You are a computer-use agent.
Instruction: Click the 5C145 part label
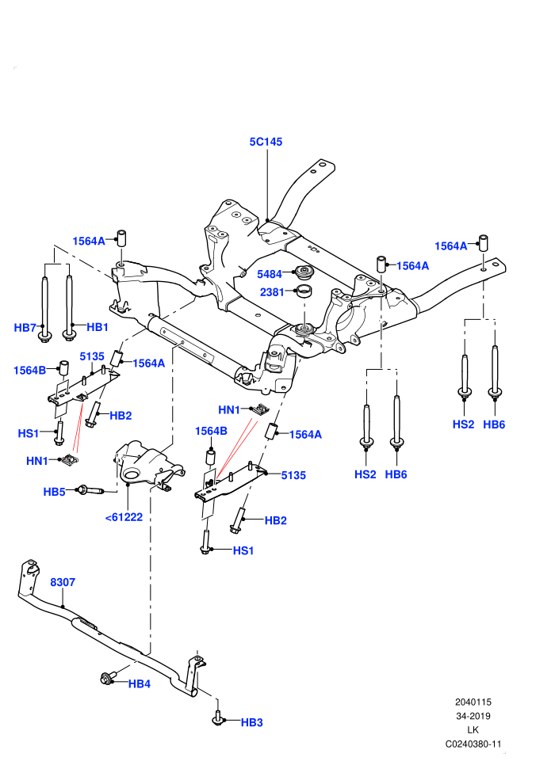coord(266,142)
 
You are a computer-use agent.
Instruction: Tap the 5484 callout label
coord(270,274)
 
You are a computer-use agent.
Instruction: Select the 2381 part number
coord(272,292)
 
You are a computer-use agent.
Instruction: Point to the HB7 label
coord(25,328)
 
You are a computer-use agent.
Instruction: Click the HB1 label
coord(98,328)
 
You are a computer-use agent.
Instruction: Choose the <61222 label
coord(124,517)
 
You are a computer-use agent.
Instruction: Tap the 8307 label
coord(63,583)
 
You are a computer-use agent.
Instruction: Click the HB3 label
coord(251,723)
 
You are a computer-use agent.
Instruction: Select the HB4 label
coord(139,684)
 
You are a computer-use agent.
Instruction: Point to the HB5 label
coord(54,492)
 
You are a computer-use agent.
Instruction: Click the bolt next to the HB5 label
coord(90,490)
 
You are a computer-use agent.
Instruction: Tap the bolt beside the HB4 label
coord(108,679)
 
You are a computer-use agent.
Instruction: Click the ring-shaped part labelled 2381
coord(304,290)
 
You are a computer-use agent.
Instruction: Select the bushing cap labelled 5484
coord(304,272)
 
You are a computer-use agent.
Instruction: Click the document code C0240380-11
coord(473,744)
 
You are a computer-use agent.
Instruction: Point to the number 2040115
coord(473,702)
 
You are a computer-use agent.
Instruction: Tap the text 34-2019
coord(473,717)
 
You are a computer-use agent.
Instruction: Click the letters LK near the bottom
coord(473,730)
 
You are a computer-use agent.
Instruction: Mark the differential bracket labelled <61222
coord(147,462)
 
